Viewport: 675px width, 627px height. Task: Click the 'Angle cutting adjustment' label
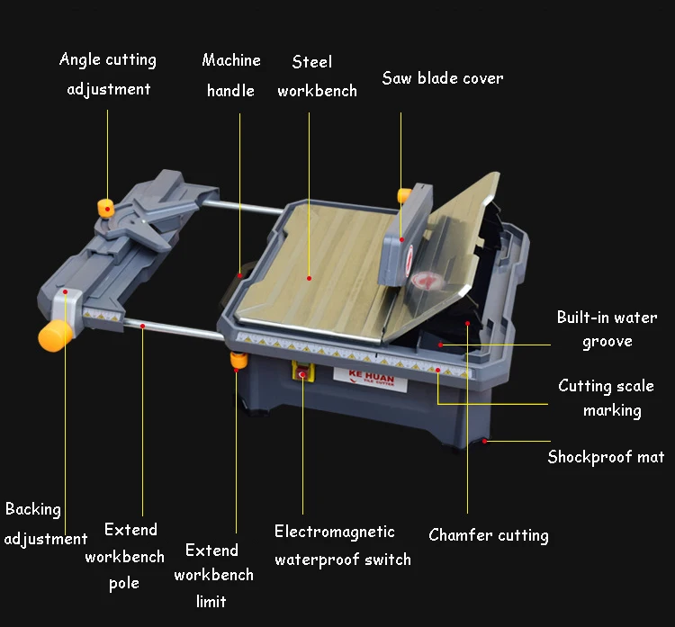[108, 75]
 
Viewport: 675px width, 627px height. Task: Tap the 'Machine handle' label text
[231, 76]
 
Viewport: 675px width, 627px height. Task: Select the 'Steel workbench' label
[317, 76]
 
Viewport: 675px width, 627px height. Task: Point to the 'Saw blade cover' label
[443, 78]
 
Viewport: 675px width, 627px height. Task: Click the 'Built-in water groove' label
[607, 329]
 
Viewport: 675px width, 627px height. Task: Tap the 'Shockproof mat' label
[606, 457]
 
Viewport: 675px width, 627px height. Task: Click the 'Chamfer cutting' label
[489, 535]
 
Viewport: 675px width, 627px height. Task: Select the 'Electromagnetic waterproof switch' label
[343, 545]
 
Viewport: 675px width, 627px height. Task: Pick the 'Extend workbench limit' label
[214, 575]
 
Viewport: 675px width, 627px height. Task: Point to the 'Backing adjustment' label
[46, 524]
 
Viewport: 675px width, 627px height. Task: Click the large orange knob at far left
[54, 336]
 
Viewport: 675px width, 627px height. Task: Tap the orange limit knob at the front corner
[238, 361]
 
